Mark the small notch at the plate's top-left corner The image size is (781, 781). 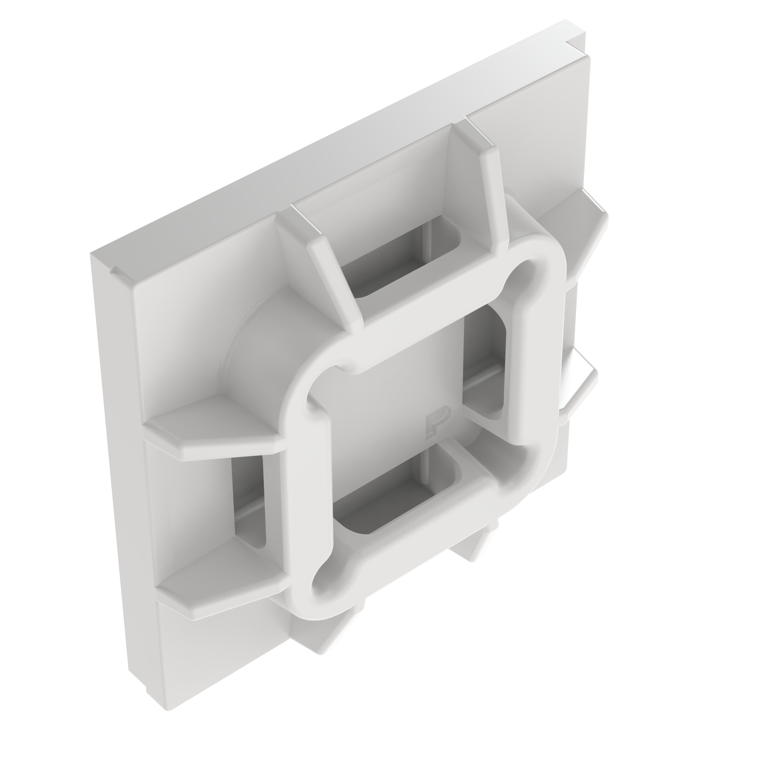click(x=114, y=270)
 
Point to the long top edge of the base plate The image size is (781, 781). click(x=323, y=142)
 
